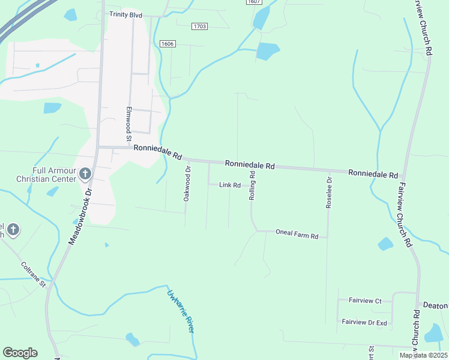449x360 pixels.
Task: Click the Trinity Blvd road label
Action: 125,14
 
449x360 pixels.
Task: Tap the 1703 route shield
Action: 200,26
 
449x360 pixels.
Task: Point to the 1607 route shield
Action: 254,2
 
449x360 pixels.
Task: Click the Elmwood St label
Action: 128,124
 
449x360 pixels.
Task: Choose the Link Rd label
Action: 230,185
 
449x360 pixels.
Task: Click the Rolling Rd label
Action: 253,186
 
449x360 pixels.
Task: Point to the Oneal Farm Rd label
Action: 297,235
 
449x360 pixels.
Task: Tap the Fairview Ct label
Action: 366,301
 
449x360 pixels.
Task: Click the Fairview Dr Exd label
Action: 364,322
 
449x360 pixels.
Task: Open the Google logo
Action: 20,353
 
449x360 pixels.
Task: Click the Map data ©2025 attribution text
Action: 424,355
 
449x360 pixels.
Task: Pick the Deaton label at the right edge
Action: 435,305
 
